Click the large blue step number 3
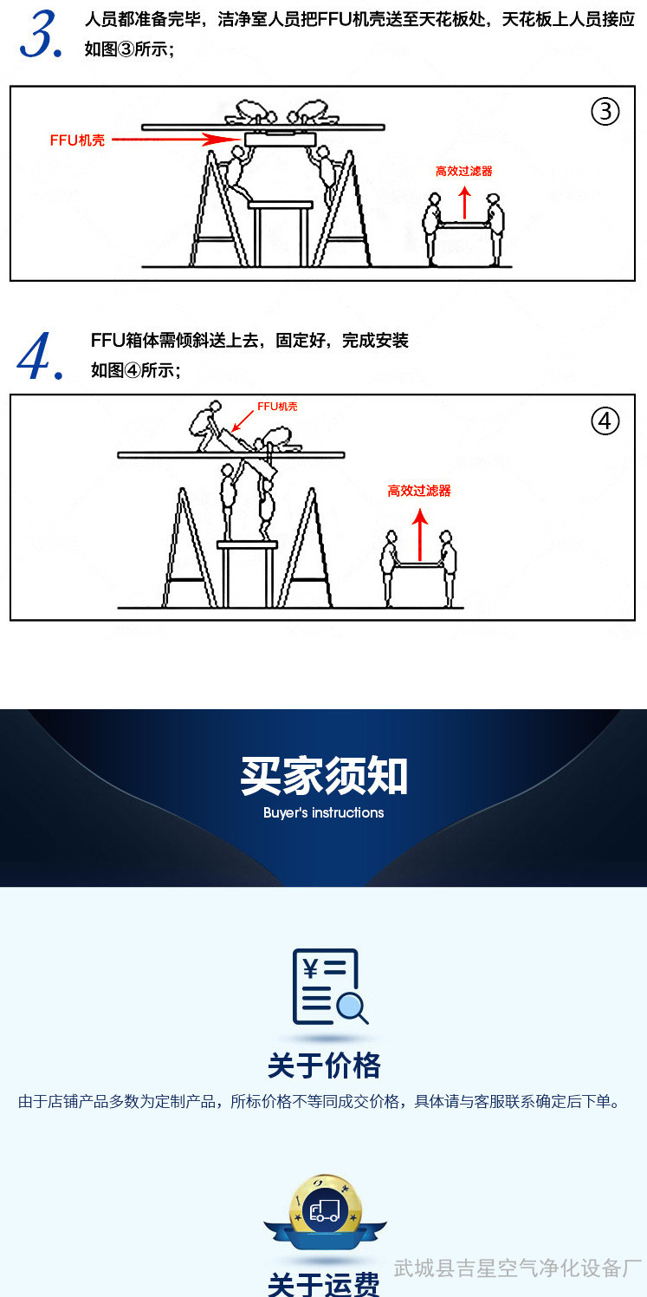tap(41, 35)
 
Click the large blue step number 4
tap(39, 355)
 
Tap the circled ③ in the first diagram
tap(605, 111)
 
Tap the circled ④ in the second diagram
tap(605, 421)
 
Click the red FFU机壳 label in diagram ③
tap(77, 140)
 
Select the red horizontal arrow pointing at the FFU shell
tap(176, 140)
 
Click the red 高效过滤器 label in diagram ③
tap(463, 171)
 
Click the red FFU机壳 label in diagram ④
tap(277, 407)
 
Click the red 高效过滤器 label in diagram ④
tap(419, 491)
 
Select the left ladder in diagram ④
tap(190, 548)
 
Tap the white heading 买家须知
tap(324, 776)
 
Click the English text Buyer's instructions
tap(324, 812)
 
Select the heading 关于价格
tap(324, 1066)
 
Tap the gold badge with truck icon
tap(325, 1211)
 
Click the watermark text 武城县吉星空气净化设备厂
tap(518, 1268)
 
